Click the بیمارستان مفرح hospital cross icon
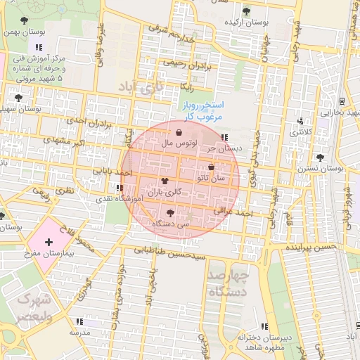(x=48, y=243)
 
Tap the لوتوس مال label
(x=179, y=143)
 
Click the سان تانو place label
(x=212, y=179)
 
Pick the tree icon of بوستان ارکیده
(x=246, y=11)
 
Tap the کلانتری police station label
(x=303, y=132)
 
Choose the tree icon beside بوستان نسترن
(x=321, y=157)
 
